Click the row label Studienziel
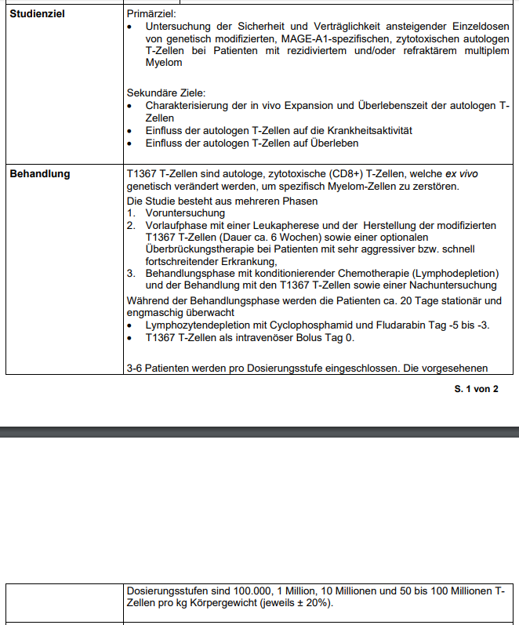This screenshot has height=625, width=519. (36, 14)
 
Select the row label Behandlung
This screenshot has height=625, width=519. (39, 174)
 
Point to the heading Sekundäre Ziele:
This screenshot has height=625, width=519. (165, 93)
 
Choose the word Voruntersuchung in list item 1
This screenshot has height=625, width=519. (185, 213)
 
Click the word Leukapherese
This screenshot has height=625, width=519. (281, 225)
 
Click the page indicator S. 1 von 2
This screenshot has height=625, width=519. (476, 389)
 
